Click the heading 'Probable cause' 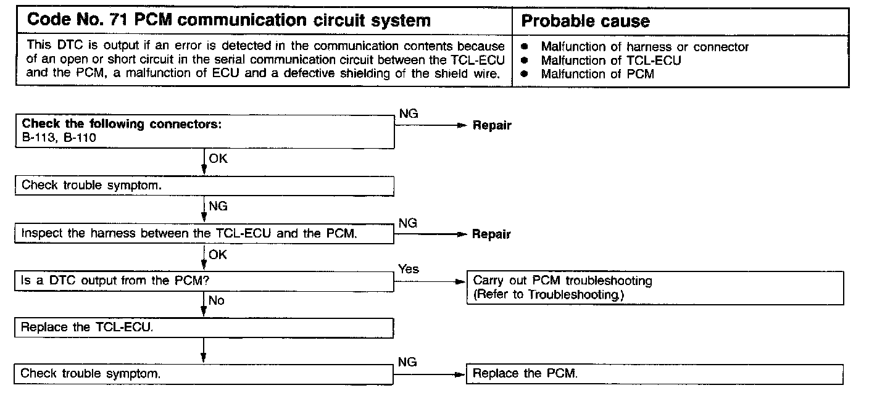click(585, 21)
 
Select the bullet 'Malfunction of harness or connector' click(644, 47)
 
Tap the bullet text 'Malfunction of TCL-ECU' click(610, 60)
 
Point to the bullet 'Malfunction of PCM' click(597, 74)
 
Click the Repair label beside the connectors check click(492, 125)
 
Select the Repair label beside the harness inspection click(492, 234)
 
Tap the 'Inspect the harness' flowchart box click(204, 234)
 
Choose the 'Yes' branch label click(409, 269)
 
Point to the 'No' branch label click(217, 300)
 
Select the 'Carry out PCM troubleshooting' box click(655, 288)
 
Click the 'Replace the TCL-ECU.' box click(204, 327)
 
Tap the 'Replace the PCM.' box click(655, 374)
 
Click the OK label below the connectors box click(218, 159)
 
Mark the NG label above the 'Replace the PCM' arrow click(407, 362)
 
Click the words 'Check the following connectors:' click(122, 124)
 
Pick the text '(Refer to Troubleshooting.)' click(549, 295)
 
